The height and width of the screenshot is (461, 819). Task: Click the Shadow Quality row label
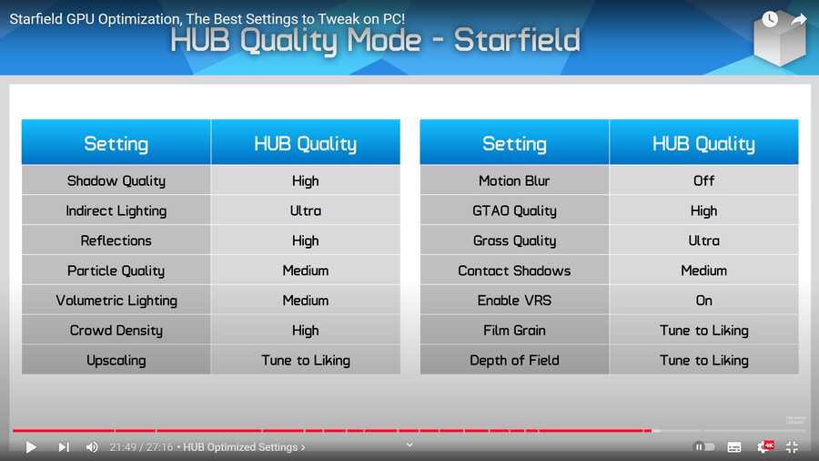point(116,180)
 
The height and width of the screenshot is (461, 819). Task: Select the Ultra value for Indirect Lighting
point(306,210)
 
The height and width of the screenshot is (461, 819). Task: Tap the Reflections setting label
point(116,241)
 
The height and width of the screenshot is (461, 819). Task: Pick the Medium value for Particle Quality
point(306,271)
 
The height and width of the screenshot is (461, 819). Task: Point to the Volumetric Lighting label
point(116,301)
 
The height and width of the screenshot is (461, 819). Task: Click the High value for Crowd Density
point(306,331)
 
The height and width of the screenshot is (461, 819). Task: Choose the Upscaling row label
point(116,360)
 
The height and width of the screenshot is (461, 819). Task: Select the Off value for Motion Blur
point(703,180)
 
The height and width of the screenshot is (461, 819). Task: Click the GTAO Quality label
point(514,210)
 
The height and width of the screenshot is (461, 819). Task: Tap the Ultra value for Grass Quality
point(703,241)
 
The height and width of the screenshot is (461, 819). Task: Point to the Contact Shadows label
point(514,271)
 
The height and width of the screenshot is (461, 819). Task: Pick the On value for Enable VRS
point(703,301)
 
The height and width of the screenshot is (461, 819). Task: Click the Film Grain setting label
point(514,331)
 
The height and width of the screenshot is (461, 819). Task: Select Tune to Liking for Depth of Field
point(703,360)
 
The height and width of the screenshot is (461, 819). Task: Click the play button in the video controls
point(31,447)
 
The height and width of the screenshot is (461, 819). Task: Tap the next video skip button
point(64,447)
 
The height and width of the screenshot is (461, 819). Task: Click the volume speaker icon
point(92,447)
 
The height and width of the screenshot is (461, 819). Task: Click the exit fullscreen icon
point(792,447)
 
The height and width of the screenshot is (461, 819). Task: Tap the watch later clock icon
point(769,19)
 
